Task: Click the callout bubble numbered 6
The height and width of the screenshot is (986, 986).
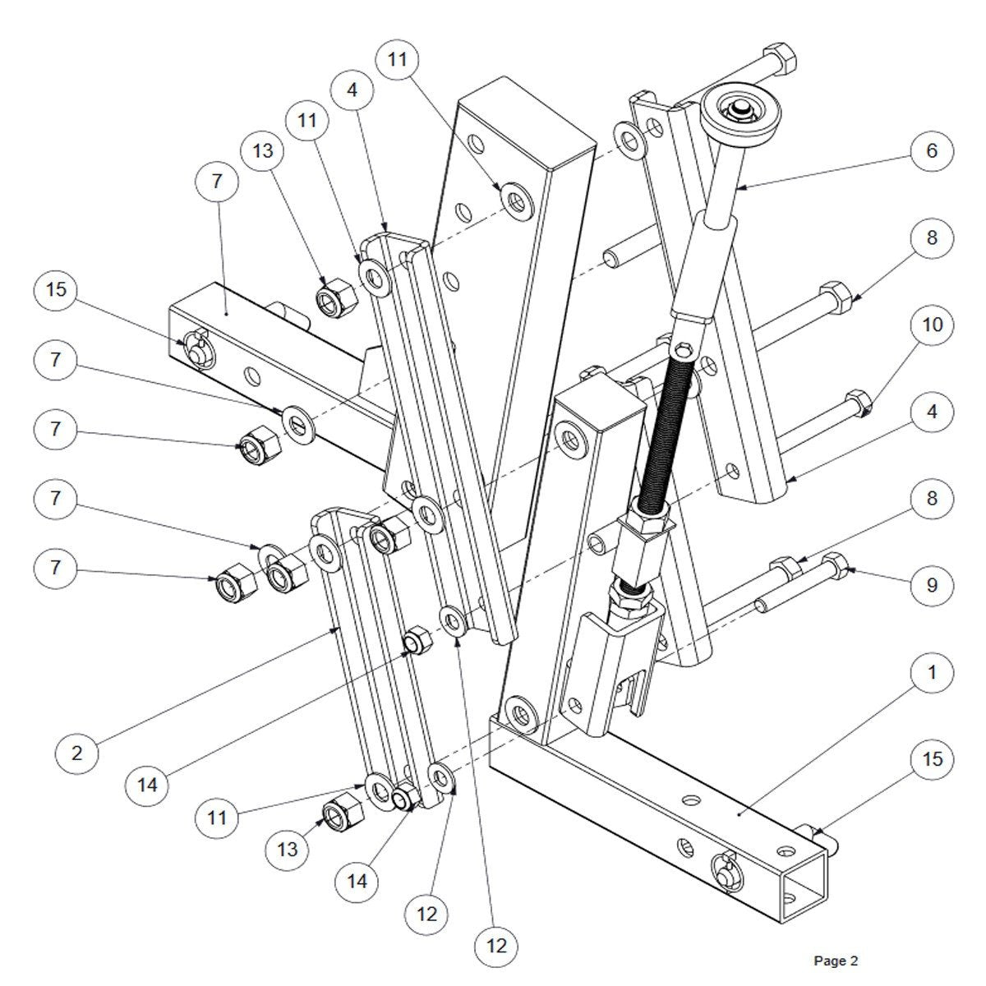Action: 932,151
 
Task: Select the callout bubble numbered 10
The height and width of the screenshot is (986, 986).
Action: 932,325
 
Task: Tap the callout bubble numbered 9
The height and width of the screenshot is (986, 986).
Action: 932,585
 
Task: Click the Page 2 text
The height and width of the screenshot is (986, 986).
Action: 836,960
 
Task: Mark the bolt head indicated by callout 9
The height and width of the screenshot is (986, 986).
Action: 833,565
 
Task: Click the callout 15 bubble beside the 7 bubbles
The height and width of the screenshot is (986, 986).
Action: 56,291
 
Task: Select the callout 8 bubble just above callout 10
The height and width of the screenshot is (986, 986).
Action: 932,238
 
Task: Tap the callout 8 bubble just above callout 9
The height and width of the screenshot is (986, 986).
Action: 932,499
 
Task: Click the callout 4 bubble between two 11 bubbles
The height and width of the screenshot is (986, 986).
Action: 352,90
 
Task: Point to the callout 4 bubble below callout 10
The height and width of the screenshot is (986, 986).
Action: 932,412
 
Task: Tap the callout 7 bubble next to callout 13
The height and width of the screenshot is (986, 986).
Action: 217,182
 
